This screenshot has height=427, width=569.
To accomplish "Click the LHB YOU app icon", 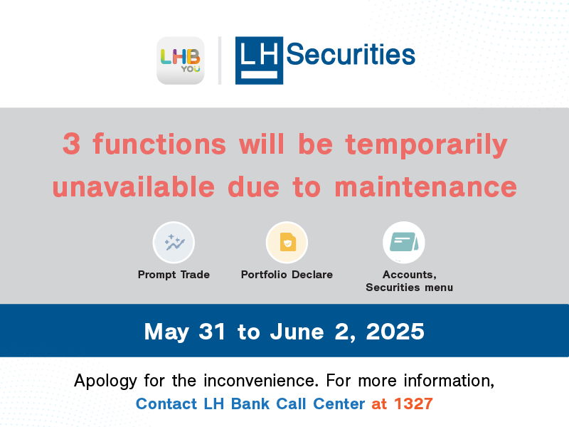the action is point(181,60).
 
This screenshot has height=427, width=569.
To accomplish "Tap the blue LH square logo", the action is point(259,60).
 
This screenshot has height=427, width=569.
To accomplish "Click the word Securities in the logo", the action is point(351,55).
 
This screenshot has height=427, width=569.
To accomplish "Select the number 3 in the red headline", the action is point(72,144).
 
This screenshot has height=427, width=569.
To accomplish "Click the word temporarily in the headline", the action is point(426,145).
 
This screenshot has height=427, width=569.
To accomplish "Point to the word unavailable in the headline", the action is point(134,186).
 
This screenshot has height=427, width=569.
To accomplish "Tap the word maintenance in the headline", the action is point(425,186).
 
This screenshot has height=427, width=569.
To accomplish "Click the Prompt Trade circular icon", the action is point(174,243).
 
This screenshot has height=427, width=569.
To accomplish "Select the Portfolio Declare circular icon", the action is point(287,243).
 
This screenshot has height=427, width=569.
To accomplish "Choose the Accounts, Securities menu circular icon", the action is point(404,243).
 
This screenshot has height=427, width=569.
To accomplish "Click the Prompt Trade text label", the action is point(174,275).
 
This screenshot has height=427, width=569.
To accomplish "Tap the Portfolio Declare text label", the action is point(287,275).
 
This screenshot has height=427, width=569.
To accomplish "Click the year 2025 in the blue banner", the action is point(395,331).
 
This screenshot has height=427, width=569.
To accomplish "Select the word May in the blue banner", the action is point(167,332).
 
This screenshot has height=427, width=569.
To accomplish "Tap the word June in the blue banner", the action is point(297,331).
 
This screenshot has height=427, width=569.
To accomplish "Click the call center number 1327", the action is point(413,404).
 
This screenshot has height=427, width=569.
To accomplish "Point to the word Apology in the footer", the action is point(105,381).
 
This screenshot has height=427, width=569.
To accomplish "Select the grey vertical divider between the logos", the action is point(220,60).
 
